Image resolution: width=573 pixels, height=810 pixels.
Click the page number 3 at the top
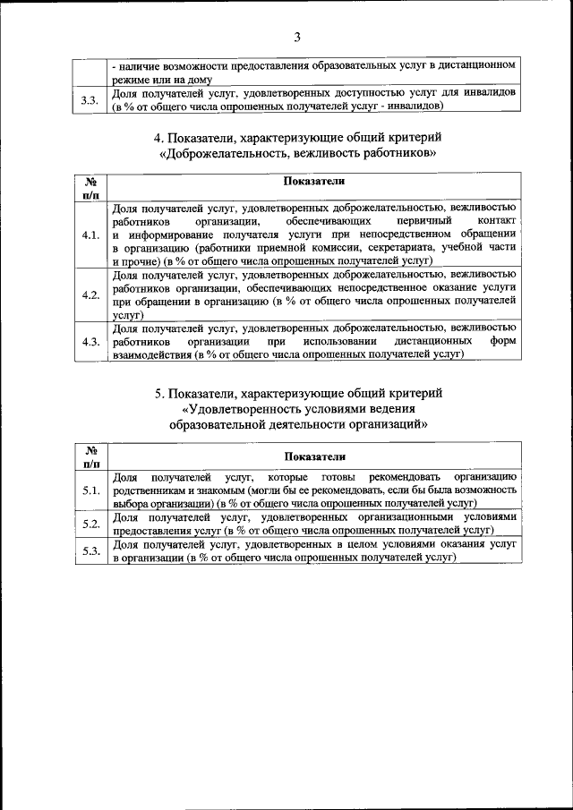point(297,37)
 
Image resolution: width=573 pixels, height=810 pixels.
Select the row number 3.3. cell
point(90,100)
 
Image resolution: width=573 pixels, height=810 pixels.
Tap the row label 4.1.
point(90,235)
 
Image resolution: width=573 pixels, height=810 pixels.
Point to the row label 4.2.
point(90,294)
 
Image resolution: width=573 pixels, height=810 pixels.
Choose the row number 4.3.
point(90,342)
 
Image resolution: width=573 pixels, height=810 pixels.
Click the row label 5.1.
point(90,490)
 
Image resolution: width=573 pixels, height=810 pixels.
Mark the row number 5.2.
point(90,524)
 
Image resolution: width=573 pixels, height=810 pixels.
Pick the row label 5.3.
point(90,550)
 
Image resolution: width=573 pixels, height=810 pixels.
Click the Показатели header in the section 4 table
point(313,181)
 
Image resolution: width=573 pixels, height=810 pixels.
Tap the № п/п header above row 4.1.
point(90,186)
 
